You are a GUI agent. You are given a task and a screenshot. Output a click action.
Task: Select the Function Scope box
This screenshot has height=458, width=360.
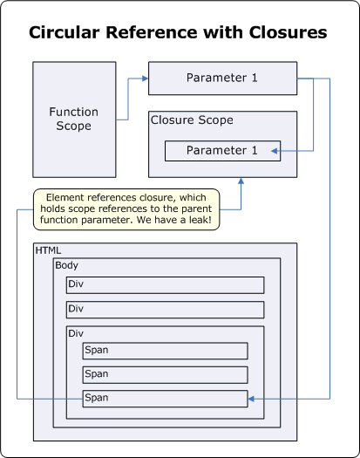(74, 119)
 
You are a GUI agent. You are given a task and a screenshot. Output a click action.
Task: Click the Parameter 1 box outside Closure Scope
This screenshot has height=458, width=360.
(222, 79)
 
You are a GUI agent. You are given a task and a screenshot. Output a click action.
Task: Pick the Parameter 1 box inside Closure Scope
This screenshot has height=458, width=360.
(222, 150)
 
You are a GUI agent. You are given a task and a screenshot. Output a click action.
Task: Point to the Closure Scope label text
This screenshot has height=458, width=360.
(192, 120)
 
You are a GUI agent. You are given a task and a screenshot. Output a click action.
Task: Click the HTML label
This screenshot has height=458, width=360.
(48, 250)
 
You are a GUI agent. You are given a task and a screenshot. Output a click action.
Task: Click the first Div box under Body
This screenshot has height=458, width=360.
(165, 285)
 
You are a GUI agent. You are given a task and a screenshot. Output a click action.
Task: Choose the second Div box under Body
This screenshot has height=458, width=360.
(165, 310)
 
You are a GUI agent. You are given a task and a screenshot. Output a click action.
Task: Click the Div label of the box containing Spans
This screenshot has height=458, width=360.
(78, 333)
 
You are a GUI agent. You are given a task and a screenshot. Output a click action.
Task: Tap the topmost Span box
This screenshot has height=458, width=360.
(165, 351)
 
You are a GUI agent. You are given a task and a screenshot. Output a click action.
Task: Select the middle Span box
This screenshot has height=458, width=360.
(165, 374)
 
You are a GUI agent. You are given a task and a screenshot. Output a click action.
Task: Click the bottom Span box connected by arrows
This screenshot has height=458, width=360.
(165, 399)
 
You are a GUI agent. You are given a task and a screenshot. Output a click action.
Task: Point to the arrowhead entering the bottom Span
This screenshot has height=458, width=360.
(252, 399)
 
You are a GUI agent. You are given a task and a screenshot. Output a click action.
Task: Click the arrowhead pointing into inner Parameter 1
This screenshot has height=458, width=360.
(276, 152)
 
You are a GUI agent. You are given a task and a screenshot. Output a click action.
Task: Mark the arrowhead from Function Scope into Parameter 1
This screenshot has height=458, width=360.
(145, 79)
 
